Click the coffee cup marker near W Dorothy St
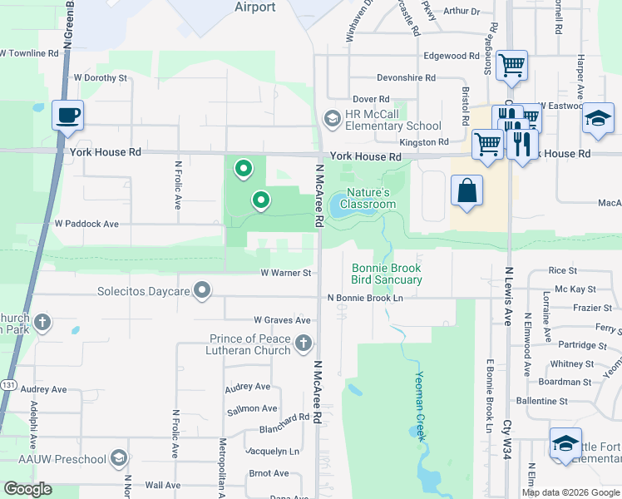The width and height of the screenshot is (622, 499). [67, 115]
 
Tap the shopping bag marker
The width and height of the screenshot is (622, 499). [466, 190]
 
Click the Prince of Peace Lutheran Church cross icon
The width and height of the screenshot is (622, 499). [304, 343]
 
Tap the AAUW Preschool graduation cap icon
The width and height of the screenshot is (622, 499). [119, 459]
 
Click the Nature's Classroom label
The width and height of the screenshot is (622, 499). [368, 198]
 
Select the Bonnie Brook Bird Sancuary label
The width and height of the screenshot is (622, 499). [386, 274]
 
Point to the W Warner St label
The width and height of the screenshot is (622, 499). [285, 273]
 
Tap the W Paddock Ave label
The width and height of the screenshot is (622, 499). [86, 224]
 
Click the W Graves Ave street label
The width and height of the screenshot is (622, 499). [282, 320]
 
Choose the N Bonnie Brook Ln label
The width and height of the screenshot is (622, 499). [365, 298]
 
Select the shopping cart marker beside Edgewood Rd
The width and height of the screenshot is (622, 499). [511, 65]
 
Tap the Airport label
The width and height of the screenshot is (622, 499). [255, 7]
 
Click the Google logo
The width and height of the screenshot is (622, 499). [27, 489]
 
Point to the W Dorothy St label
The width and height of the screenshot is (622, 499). [99, 78]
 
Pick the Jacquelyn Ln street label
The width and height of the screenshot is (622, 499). [272, 452]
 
